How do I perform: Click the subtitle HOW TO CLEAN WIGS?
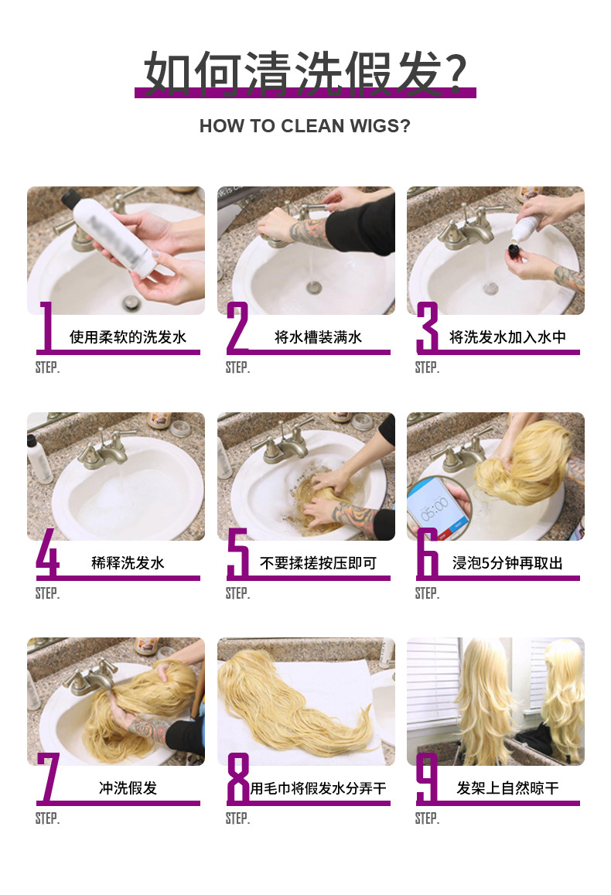click(x=305, y=126)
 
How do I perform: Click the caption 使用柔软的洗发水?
click(x=128, y=337)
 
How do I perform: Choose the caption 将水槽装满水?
click(x=318, y=337)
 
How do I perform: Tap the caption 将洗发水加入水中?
click(x=507, y=337)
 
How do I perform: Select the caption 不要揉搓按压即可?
click(x=318, y=563)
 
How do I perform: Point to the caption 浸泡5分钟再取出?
click(x=507, y=563)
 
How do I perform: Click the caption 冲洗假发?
click(x=128, y=788)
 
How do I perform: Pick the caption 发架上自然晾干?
click(x=507, y=788)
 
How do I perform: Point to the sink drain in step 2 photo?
click(x=313, y=288)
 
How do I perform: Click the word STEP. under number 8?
click(x=237, y=818)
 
